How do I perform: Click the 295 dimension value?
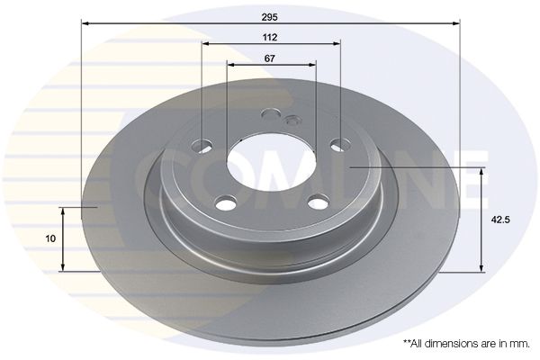(269, 17)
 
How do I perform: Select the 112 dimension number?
(270, 37)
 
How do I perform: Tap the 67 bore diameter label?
(270, 58)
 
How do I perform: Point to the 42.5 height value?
(500, 220)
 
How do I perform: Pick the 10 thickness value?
(50, 238)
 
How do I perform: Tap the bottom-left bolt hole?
(227, 202)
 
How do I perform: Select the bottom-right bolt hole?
(319, 202)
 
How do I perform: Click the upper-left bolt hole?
(202, 145)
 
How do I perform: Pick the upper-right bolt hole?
(340, 144)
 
